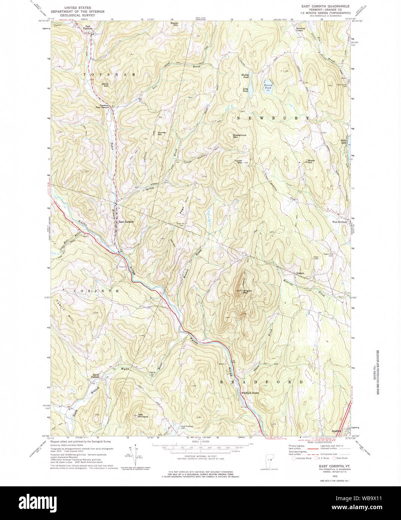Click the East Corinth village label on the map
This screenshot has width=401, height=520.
tap(126, 222)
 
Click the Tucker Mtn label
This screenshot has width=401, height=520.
tap(238, 162)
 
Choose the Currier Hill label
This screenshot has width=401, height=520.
tap(162, 133)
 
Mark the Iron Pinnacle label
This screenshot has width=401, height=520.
tap(143, 416)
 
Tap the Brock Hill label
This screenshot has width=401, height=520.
tap(311, 161)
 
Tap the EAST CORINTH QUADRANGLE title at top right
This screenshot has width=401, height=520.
tap(325, 6)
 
